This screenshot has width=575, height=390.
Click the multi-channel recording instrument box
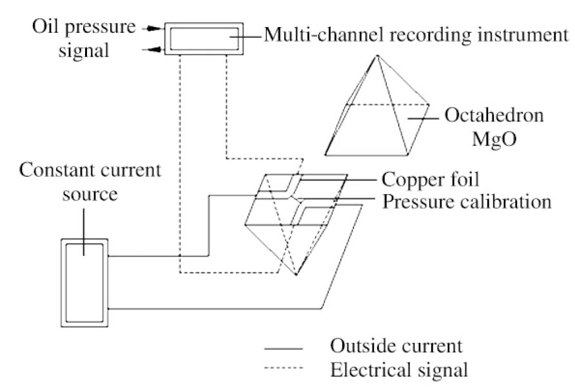[x=204, y=39]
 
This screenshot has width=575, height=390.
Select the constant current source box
[x=84, y=282]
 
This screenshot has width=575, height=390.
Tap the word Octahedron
[x=494, y=117]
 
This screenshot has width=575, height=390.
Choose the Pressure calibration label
[x=467, y=201]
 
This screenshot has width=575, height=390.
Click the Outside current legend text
[x=395, y=346]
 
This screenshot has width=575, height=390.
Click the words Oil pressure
[x=85, y=28]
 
